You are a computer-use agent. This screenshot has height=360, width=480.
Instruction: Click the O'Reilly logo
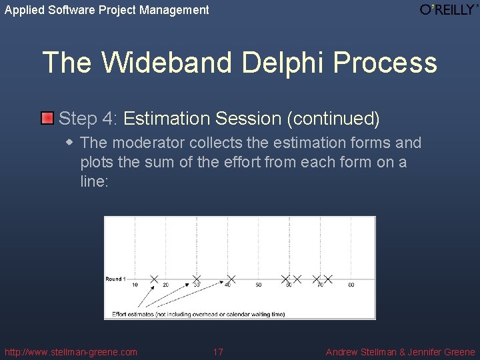pyautogui.click(x=449, y=9)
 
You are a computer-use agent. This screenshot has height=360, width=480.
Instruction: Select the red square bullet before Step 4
pyautogui.click(x=47, y=119)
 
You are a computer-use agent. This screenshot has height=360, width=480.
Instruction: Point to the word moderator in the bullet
pyautogui.click(x=149, y=143)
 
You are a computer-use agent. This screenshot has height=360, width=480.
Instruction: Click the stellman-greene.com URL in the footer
pyautogui.click(x=71, y=352)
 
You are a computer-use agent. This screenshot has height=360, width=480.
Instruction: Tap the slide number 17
pyautogui.click(x=218, y=352)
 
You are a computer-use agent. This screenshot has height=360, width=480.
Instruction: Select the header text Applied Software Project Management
pyautogui.click(x=107, y=10)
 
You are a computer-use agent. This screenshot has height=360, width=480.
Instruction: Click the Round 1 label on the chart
pyautogui.click(x=115, y=279)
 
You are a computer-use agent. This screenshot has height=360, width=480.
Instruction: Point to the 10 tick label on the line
pyautogui.click(x=135, y=285)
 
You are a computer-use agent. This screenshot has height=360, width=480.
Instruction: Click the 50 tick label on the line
pyautogui.click(x=258, y=285)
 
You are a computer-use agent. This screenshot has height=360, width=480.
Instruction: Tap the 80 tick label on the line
pyautogui.click(x=351, y=285)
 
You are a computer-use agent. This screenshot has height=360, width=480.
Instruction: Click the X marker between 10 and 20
pyautogui.click(x=154, y=279)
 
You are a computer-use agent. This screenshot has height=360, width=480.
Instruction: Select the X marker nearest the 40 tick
pyautogui.click(x=231, y=279)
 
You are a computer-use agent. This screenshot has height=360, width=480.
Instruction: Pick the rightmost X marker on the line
pyautogui.click(x=328, y=279)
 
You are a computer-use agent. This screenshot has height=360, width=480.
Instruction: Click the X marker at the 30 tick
pyautogui.click(x=196, y=279)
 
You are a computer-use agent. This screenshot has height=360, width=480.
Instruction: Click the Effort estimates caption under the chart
pyautogui.click(x=198, y=313)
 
